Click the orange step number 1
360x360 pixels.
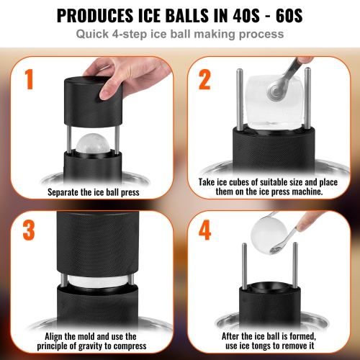point(30,79)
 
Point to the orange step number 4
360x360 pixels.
point(204,230)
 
